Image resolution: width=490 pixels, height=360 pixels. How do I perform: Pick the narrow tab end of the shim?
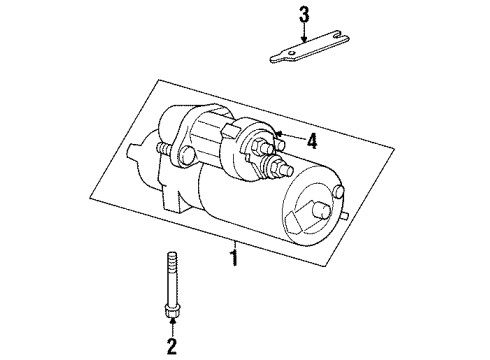pyautogui.click(x=279, y=57)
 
